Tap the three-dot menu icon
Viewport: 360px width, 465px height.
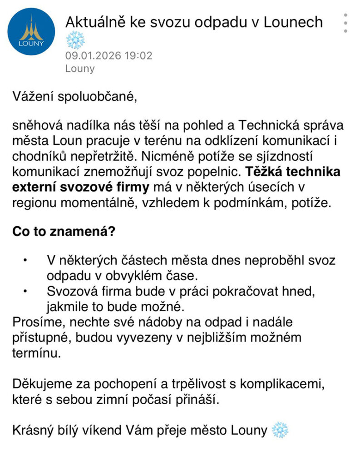pyautogui.click(x=345, y=23)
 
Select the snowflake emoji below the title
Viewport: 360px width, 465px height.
pyautogui.click(x=75, y=41)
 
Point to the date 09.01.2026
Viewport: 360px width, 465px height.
pyautogui.click(x=92, y=56)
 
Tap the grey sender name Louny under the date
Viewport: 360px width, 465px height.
pyautogui.click(x=80, y=69)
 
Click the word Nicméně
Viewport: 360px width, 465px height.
pyautogui.click(x=163, y=157)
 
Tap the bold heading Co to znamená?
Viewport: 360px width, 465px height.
pyautogui.click(x=64, y=231)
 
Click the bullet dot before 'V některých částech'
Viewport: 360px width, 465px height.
pyautogui.click(x=26, y=261)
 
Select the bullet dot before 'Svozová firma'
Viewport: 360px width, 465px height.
pyautogui.click(x=26, y=291)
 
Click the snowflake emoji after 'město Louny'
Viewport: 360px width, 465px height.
pyautogui.click(x=280, y=430)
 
